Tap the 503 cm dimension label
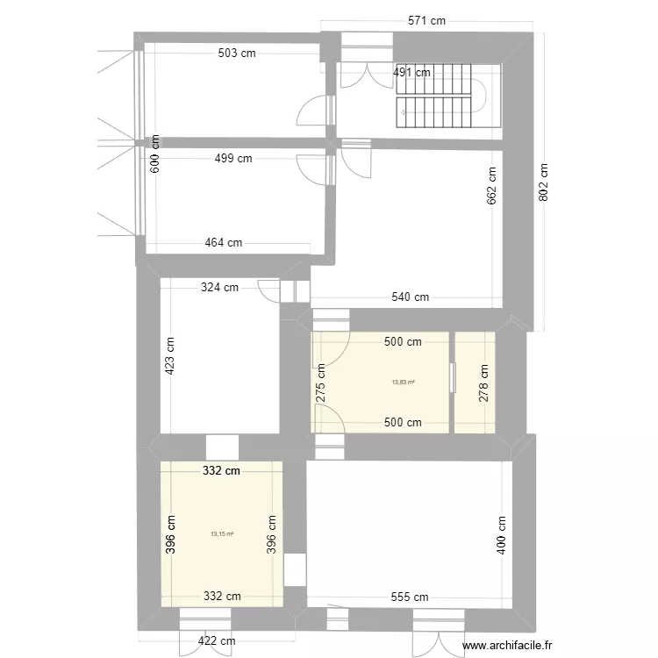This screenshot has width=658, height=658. pos(238,54)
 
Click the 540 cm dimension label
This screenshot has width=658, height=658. pos(409,297)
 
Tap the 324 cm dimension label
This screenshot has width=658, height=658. pos(219,287)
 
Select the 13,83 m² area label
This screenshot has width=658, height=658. pos(404,382)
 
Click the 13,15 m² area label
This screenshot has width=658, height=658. pos(222,533)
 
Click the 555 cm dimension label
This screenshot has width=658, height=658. pos(409,597)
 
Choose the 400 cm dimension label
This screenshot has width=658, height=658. pos(501,533)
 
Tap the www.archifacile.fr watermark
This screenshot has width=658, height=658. pos(508,646)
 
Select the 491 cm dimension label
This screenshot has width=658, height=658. pos(411,73)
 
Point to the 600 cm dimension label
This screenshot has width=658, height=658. pos(155,154)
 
